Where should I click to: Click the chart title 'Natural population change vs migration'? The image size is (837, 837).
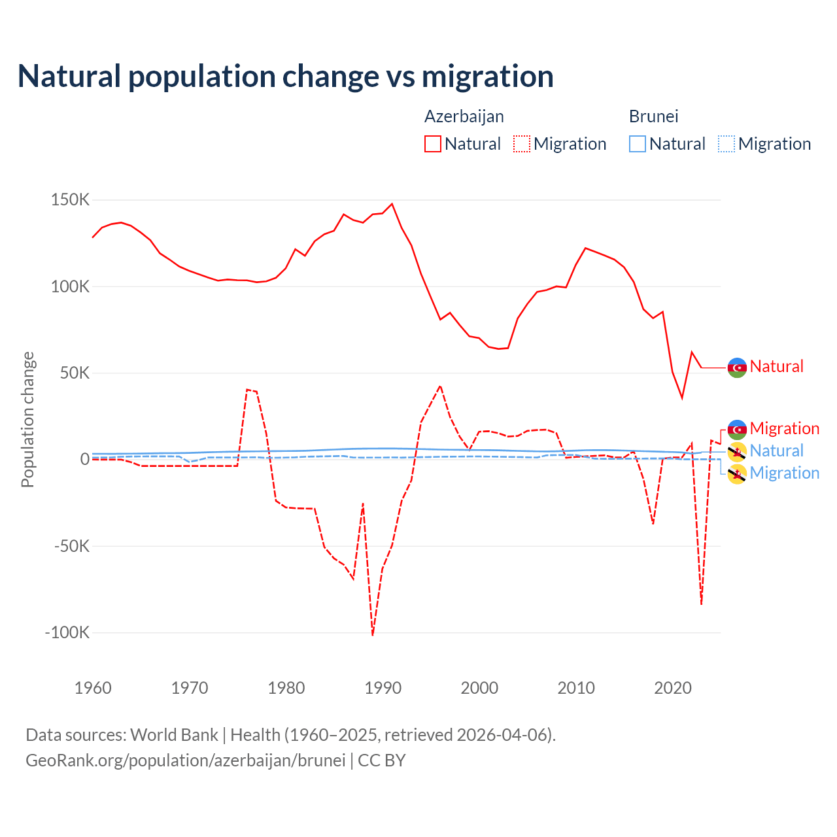(286, 77)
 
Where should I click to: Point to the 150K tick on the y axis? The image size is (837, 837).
(70, 200)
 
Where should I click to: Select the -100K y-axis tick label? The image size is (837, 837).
(67, 633)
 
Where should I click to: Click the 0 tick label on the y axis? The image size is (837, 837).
(84, 460)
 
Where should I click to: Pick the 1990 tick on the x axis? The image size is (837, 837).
(383, 688)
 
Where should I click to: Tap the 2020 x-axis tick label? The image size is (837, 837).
(673, 688)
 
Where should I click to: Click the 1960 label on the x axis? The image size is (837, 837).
(93, 688)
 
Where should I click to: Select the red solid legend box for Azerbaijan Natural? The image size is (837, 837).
(433, 144)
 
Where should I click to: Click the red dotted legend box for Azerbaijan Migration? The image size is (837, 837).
(522, 144)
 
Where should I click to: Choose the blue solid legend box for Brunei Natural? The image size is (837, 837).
(638, 144)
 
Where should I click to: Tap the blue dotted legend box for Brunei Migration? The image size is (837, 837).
(726, 144)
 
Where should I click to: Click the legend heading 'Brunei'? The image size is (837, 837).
(653, 116)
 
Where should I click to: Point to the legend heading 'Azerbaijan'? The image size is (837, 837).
(464, 116)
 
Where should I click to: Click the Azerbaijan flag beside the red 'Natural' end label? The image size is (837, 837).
(737, 367)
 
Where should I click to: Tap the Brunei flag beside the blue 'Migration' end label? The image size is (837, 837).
(737, 474)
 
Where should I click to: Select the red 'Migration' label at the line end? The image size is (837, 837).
(784, 428)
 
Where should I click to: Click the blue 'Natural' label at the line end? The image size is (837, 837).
(776, 451)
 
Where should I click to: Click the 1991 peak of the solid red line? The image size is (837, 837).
(392, 204)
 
